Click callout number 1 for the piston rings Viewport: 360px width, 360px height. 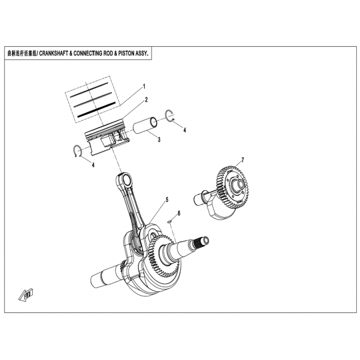coord(144,86)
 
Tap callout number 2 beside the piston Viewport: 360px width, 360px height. coord(146,99)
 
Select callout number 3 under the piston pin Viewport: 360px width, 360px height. coord(159,139)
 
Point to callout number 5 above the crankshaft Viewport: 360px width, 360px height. coord(167,199)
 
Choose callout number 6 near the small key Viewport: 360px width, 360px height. coord(179,213)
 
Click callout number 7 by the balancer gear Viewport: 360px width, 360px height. coord(243,160)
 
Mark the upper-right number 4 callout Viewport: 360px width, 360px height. coord(184,130)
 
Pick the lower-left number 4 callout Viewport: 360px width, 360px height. coord(93,165)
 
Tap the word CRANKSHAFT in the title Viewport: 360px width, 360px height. coord(53,54)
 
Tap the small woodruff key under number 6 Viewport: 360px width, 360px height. coord(169,221)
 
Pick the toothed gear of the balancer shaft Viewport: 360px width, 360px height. coord(233,187)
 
